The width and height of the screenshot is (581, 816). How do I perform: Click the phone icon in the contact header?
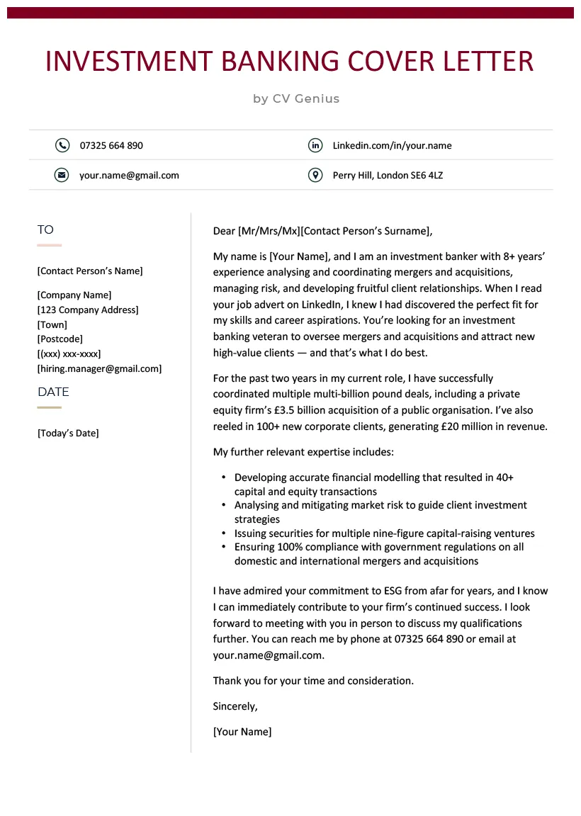point(62,145)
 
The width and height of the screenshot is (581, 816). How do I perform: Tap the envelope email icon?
point(62,175)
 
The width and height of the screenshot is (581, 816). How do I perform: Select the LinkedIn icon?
point(315,145)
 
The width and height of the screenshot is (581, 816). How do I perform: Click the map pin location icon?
point(315,175)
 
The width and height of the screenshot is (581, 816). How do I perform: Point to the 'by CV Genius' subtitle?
point(296,98)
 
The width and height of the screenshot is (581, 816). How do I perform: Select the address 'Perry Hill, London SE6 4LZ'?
point(388,175)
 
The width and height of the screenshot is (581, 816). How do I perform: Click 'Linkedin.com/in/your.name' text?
point(392,145)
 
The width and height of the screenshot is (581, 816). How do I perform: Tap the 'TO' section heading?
point(45,229)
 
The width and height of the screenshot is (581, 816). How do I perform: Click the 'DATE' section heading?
point(53,392)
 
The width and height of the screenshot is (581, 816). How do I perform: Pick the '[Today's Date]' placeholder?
point(68,433)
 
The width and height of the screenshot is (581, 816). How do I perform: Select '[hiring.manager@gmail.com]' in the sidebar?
point(99,368)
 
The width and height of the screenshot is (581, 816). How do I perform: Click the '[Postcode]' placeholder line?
point(60,339)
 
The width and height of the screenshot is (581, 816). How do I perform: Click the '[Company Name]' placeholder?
point(74,295)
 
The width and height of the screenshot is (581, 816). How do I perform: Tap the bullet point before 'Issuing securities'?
point(224,533)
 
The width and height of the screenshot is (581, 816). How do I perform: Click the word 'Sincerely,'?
point(235,706)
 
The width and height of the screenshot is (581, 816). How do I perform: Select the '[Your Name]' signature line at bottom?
point(242,732)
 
